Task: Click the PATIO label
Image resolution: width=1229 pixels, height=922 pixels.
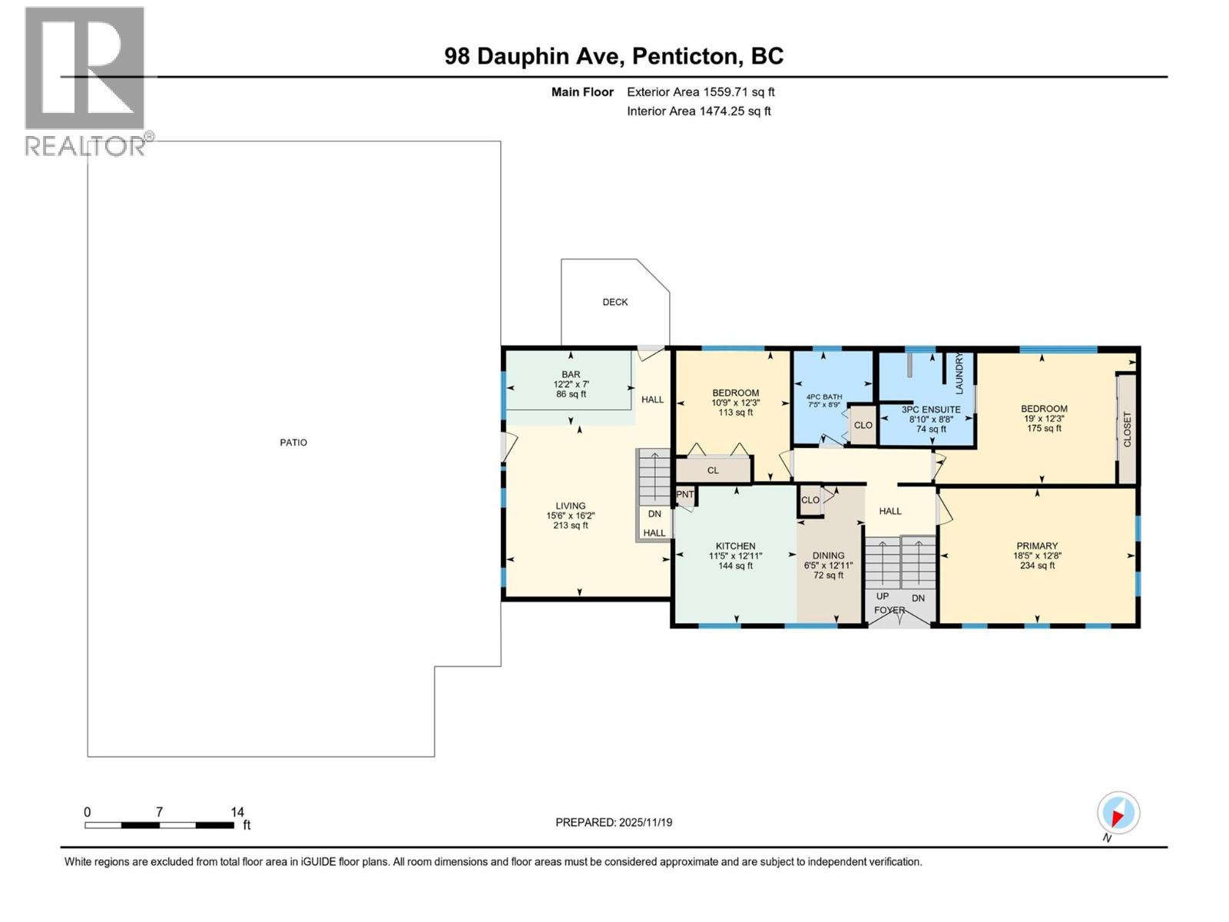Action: coord(293,443)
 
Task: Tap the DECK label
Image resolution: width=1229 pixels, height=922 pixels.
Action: coord(614,302)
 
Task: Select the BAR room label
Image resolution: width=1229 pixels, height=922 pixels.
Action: coord(571,375)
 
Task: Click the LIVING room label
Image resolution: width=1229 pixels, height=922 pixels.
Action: coord(571,506)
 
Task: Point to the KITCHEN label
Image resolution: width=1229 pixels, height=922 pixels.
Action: coord(735,546)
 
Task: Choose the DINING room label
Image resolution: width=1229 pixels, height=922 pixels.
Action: coord(828,556)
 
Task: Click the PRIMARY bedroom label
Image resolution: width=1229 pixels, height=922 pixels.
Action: coord(1037,546)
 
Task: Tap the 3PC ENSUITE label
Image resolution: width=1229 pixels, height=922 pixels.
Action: coord(931,410)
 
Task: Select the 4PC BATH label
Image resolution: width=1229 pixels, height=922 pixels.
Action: coord(823,397)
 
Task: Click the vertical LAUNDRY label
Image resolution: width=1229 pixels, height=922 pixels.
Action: coord(959,374)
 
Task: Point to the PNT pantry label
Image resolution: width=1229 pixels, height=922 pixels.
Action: coord(684,495)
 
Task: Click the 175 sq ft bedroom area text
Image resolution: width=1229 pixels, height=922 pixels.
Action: coord(1044,429)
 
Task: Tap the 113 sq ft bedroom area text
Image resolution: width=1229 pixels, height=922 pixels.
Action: coord(735,413)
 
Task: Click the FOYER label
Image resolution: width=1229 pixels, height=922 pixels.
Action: coord(889,610)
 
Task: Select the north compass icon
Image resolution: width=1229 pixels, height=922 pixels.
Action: coord(1118,813)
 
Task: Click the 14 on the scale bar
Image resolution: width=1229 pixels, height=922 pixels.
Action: coord(237,812)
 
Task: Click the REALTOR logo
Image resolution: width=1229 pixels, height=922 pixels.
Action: coord(85,81)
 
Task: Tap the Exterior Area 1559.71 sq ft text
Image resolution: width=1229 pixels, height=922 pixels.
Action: coord(701,92)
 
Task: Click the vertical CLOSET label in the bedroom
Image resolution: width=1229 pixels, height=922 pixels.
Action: coord(1127,429)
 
